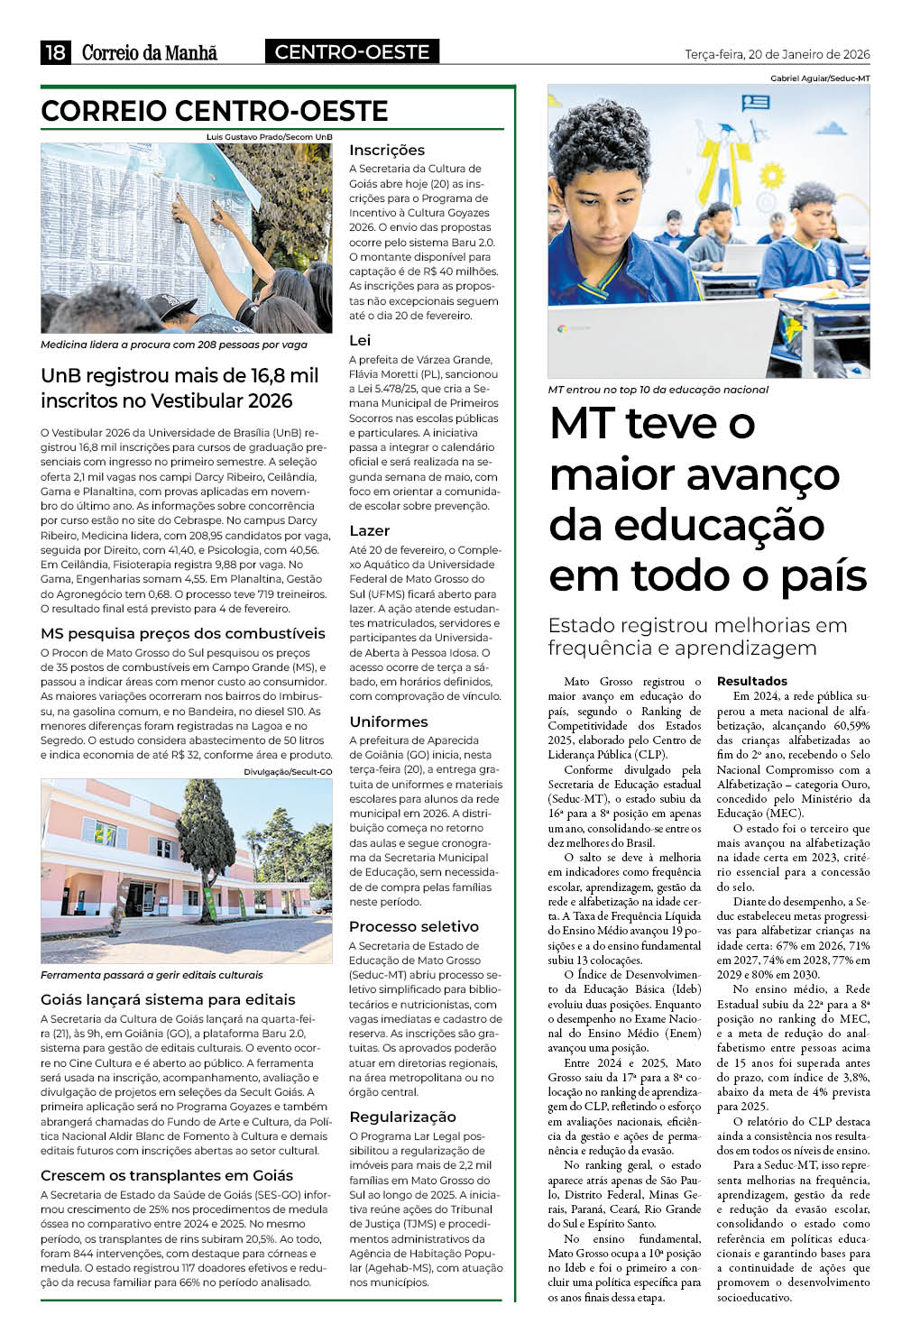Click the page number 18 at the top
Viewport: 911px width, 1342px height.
(55, 52)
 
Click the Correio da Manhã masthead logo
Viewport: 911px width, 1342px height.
(150, 53)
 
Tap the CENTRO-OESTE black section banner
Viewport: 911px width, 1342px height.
(352, 52)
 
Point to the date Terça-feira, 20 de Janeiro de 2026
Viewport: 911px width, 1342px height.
(777, 54)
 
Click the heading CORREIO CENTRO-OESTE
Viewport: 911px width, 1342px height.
(215, 111)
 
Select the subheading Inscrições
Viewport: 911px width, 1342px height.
(386, 150)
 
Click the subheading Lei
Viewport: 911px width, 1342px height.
(359, 340)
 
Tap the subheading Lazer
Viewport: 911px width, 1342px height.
(369, 530)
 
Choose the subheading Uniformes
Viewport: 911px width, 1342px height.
(388, 722)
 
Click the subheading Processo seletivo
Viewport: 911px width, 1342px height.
(413, 926)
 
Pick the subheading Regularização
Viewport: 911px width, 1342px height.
(402, 1117)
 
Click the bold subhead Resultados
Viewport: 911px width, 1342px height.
(751, 681)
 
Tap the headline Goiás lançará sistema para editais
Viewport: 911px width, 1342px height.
(168, 999)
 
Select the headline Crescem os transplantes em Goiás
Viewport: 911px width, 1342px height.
(167, 1175)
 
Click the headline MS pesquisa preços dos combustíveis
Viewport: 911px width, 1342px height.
(183, 633)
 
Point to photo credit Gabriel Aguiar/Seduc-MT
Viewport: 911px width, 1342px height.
(820, 78)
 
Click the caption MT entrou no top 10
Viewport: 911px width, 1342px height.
(658, 390)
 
